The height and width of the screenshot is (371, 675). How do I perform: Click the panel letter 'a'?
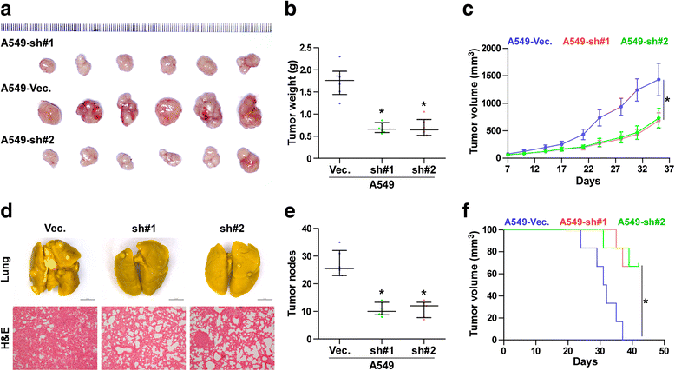tap(7, 9)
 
